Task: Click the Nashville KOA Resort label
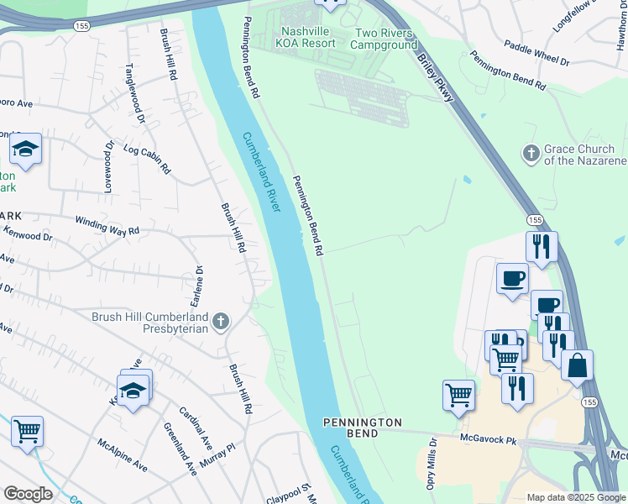pos(306,37)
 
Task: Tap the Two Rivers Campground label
pos(385,38)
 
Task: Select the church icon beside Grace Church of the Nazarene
pos(530,154)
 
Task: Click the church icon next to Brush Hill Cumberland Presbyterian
pos(220,321)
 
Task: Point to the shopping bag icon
pos(577,365)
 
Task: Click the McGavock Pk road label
pos(489,438)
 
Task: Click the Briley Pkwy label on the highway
pos(438,84)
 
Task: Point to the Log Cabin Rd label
pos(147,160)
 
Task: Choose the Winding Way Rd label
pos(107,226)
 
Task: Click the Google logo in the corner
pos(28,494)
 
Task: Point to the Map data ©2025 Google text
pos(575,497)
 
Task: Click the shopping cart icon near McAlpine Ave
pos(27,432)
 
